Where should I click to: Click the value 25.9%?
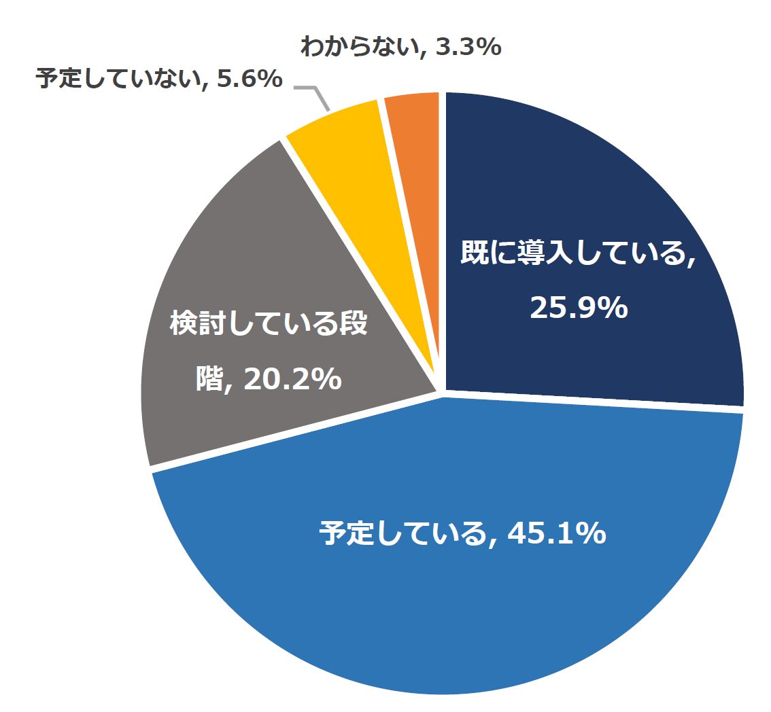(578, 308)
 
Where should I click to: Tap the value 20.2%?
(292, 379)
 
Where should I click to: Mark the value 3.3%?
(469, 48)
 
